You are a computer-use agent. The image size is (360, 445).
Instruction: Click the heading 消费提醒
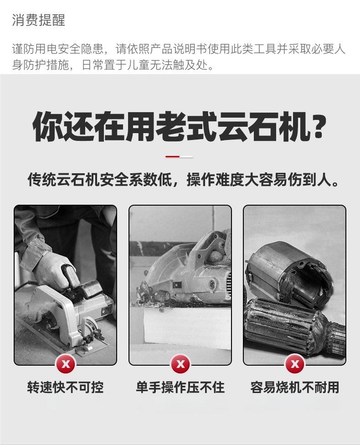tap(39, 20)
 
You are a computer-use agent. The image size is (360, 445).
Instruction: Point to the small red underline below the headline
tap(173, 156)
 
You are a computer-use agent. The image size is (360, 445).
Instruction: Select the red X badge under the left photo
tap(66, 364)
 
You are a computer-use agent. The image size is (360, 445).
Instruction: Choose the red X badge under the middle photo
tap(180, 364)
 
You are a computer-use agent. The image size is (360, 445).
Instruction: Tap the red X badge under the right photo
tap(295, 364)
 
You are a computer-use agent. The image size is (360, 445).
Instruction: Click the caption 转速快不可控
tap(66, 388)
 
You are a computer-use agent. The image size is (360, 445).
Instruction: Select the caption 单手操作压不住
tap(180, 388)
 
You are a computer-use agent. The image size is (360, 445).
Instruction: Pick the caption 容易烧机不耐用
tap(295, 388)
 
